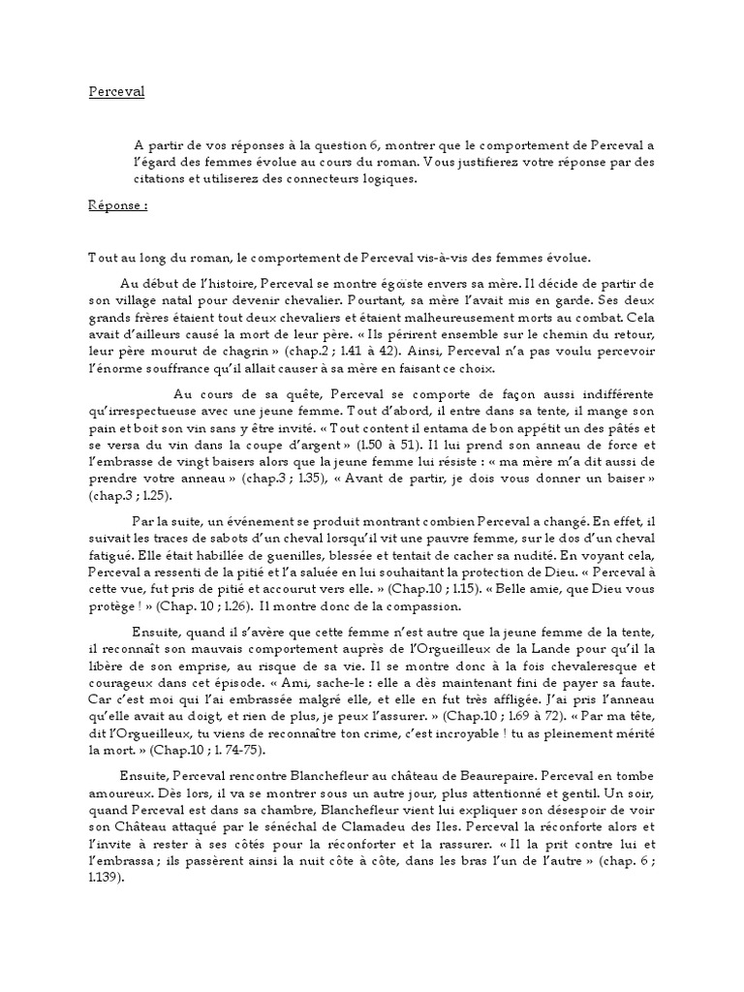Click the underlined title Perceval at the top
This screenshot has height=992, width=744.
[x=116, y=94]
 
